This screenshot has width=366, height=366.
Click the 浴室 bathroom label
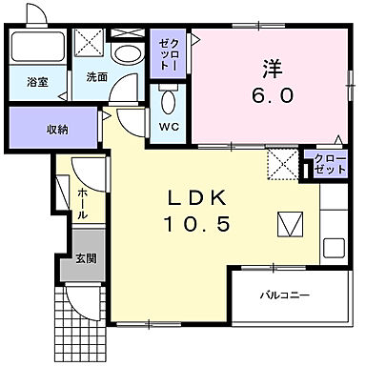click(x=37, y=82)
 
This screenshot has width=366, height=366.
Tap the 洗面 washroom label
click(x=97, y=77)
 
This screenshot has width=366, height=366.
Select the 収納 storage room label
click(x=57, y=130)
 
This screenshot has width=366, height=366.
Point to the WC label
click(x=169, y=127)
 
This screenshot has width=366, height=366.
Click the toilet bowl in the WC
click(x=169, y=101)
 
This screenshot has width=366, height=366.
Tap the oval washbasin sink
click(x=128, y=53)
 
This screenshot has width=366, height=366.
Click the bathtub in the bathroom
click(x=38, y=47)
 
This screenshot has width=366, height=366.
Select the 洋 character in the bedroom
click(x=273, y=69)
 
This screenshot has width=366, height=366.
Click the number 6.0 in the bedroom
click(x=272, y=95)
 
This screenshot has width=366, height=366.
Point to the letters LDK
click(x=197, y=199)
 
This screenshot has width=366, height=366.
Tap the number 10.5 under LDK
click(x=196, y=224)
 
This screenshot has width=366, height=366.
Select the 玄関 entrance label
click(x=86, y=259)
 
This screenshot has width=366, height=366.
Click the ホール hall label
click(x=83, y=203)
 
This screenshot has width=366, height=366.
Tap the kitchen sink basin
click(x=335, y=249)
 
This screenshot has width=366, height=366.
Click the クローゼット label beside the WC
click(x=169, y=54)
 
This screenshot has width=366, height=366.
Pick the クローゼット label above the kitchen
click(x=330, y=164)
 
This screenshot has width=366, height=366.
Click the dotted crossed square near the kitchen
click(x=282, y=164)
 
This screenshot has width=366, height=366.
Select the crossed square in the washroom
click(x=90, y=42)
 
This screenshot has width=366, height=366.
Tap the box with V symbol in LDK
click(x=291, y=224)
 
